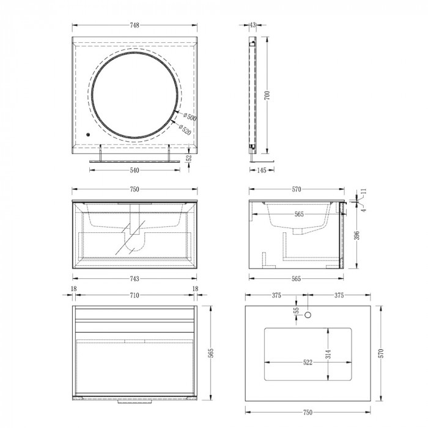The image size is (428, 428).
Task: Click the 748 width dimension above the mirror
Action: [135, 25]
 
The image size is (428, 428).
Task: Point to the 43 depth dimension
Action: [253, 25]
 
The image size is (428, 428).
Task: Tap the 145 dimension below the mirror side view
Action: [262, 171]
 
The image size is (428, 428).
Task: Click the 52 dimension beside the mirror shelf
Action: [189, 158]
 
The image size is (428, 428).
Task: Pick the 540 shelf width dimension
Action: [134, 171]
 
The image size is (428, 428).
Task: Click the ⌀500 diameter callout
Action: [189, 117]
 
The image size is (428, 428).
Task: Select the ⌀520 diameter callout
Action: [185, 130]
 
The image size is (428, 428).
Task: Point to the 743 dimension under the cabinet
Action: [134, 279]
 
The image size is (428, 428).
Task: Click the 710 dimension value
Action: [134, 296]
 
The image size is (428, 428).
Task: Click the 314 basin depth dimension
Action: [329, 353]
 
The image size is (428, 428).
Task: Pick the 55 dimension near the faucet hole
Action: [297, 311]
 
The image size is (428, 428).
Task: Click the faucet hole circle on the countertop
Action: [308, 315]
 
